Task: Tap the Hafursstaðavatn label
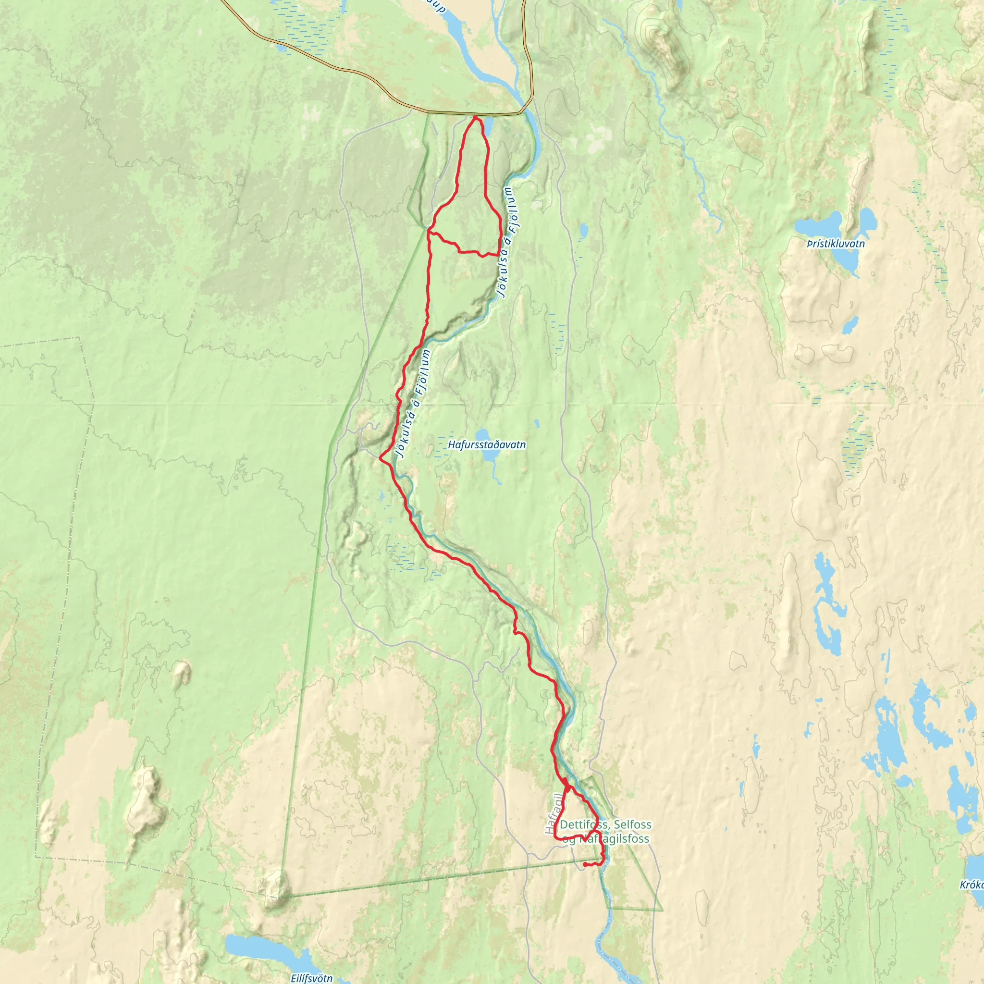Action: pyautogui.click(x=486, y=444)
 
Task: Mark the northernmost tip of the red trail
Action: pyautogui.click(x=475, y=117)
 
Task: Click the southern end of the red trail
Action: pyautogui.click(x=585, y=865)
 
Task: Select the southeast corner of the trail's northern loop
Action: pyautogui.click(x=498, y=254)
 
